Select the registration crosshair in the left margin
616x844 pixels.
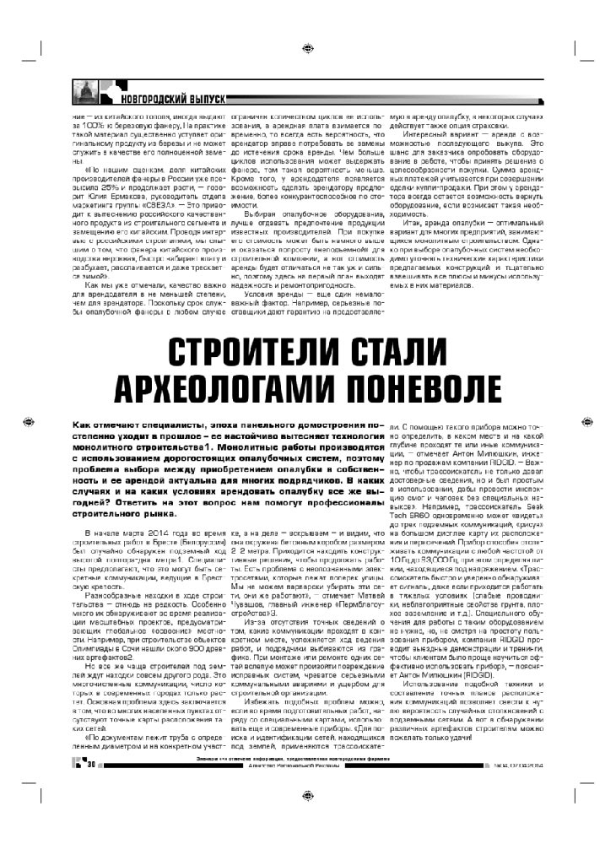[28, 419]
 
